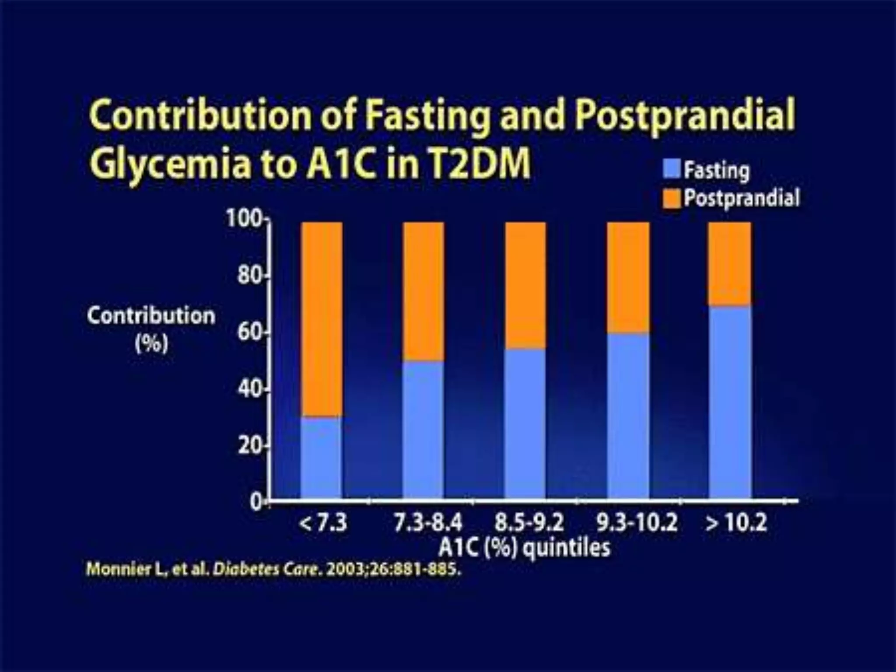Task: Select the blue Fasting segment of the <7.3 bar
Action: [x=322, y=458]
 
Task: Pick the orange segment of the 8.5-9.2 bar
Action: [x=525, y=285]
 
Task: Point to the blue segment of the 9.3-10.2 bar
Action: [x=628, y=416]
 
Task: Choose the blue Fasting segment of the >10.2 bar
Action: [x=730, y=402]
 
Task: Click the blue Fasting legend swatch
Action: [x=672, y=169]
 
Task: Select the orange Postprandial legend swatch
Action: [x=672, y=198]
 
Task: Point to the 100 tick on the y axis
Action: [x=244, y=219]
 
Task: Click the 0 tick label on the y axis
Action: [x=256, y=502]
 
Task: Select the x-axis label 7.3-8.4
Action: [x=428, y=523]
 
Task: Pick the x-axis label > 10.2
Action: [x=736, y=523]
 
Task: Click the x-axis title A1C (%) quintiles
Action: [x=524, y=548]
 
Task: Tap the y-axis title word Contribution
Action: [x=151, y=316]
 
